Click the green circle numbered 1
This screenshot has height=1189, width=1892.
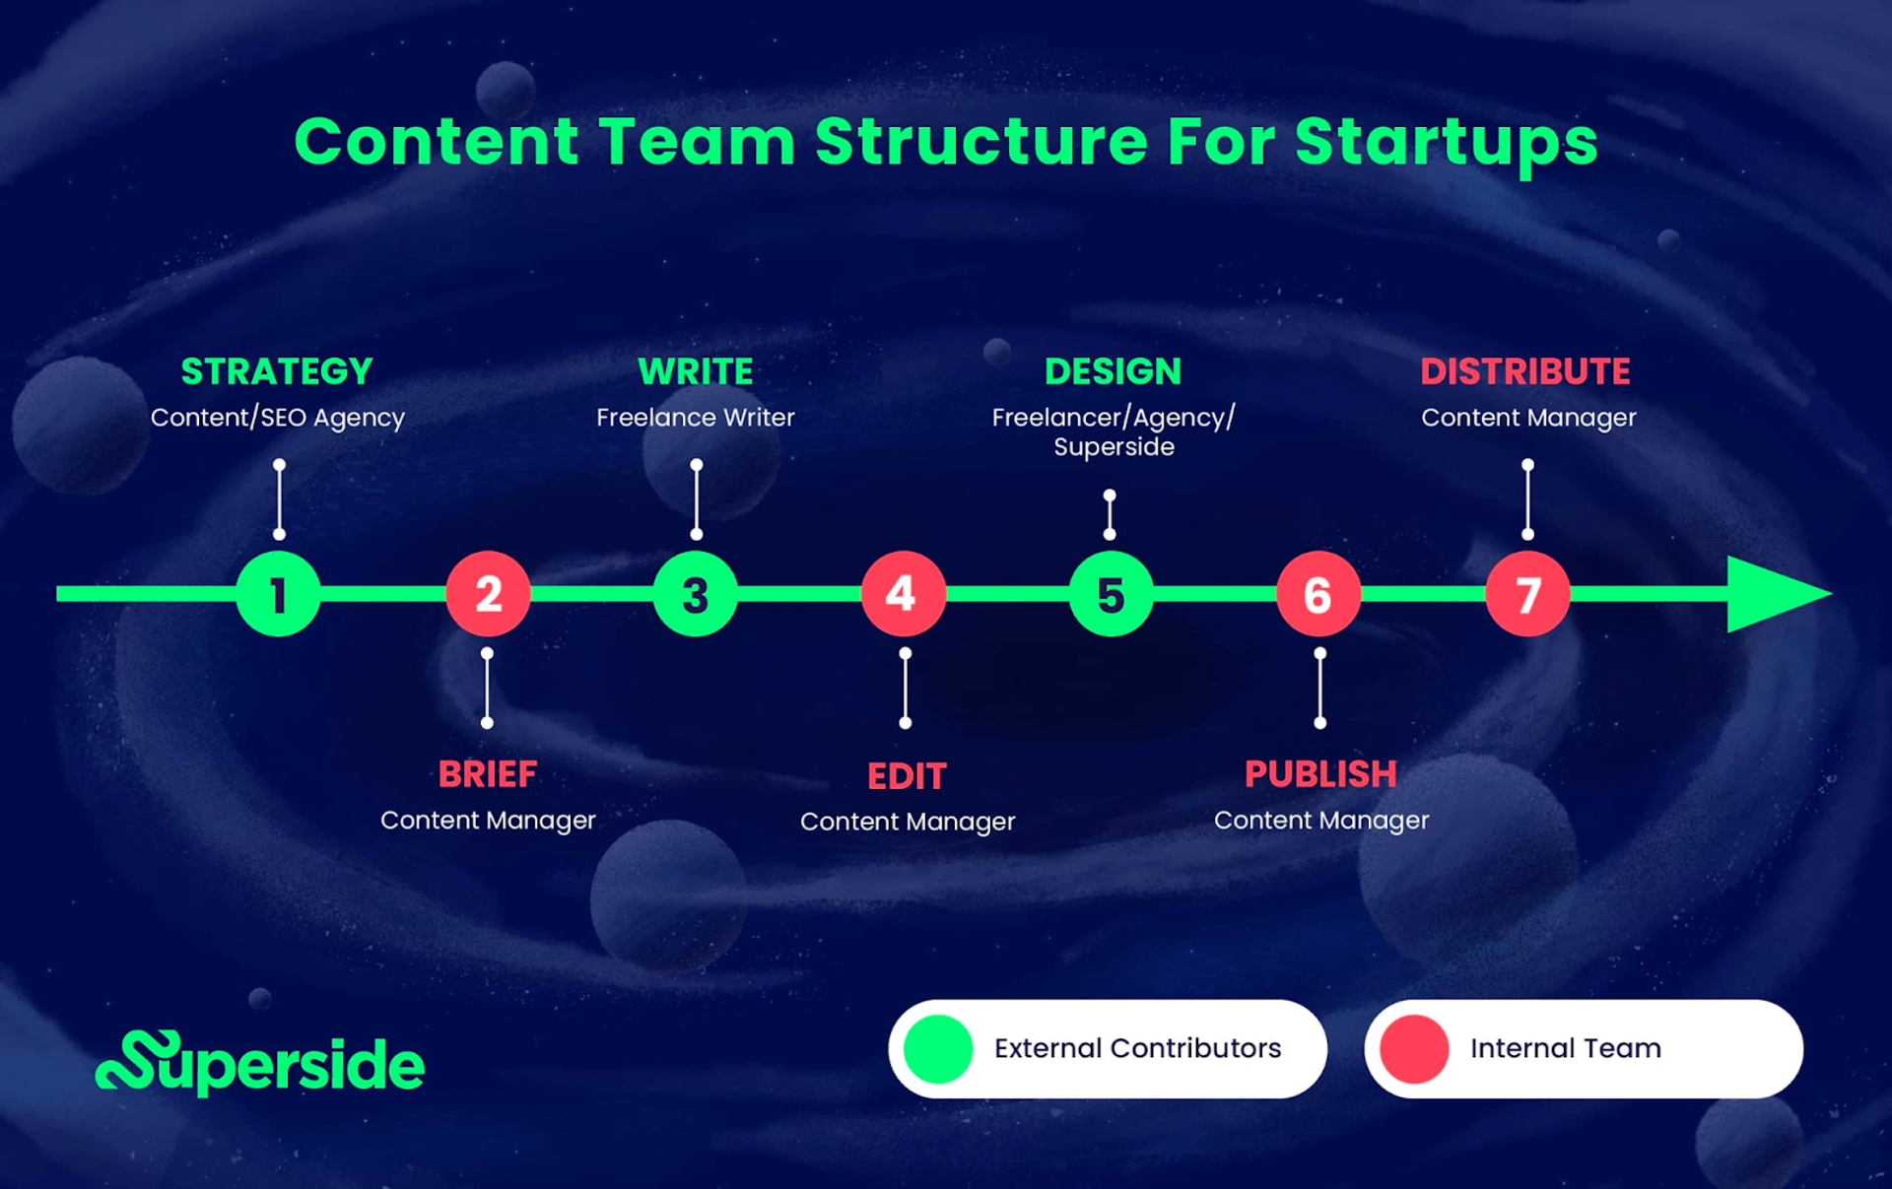(x=278, y=594)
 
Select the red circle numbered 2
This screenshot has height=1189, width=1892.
(x=488, y=594)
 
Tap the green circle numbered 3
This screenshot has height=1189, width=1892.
(x=696, y=594)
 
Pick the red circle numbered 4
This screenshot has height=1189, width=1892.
(x=903, y=594)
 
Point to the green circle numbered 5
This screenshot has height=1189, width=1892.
(x=1111, y=594)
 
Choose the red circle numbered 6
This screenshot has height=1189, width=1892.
(x=1318, y=594)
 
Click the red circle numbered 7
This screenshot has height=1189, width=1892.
(x=1527, y=594)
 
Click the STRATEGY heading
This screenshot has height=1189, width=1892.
(x=277, y=371)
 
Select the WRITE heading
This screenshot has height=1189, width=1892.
(x=696, y=371)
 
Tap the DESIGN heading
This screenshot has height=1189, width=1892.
(x=1113, y=371)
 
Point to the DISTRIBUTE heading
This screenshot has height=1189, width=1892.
(x=1525, y=371)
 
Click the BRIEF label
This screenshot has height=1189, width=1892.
(x=488, y=774)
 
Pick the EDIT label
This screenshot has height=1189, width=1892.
(x=907, y=776)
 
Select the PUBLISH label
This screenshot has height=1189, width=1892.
(x=1320, y=774)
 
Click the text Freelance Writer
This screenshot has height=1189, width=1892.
(x=696, y=418)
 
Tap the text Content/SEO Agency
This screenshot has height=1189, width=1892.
(x=277, y=418)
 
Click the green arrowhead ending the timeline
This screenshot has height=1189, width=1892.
(x=1774, y=594)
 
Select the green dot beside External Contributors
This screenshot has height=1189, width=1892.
(x=938, y=1049)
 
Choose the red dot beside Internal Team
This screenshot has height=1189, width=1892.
(x=1414, y=1049)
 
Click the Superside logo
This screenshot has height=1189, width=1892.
(x=260, y=1064)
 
